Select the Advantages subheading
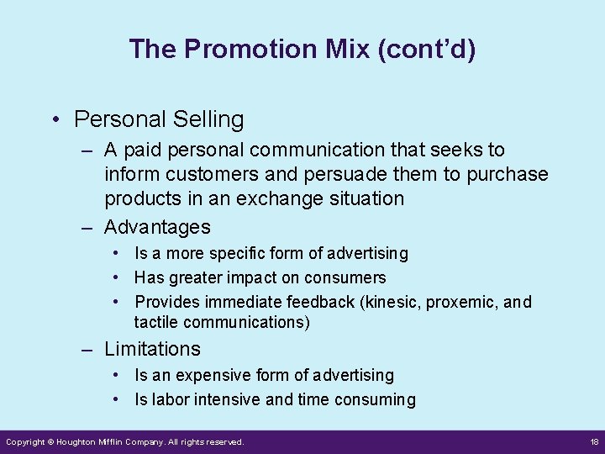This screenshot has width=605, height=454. tap(157, 227)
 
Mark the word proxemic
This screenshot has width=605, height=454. tap(463, 302)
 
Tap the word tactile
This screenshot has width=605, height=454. tap(156, 322)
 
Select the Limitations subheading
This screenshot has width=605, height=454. tap(152, 349)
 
